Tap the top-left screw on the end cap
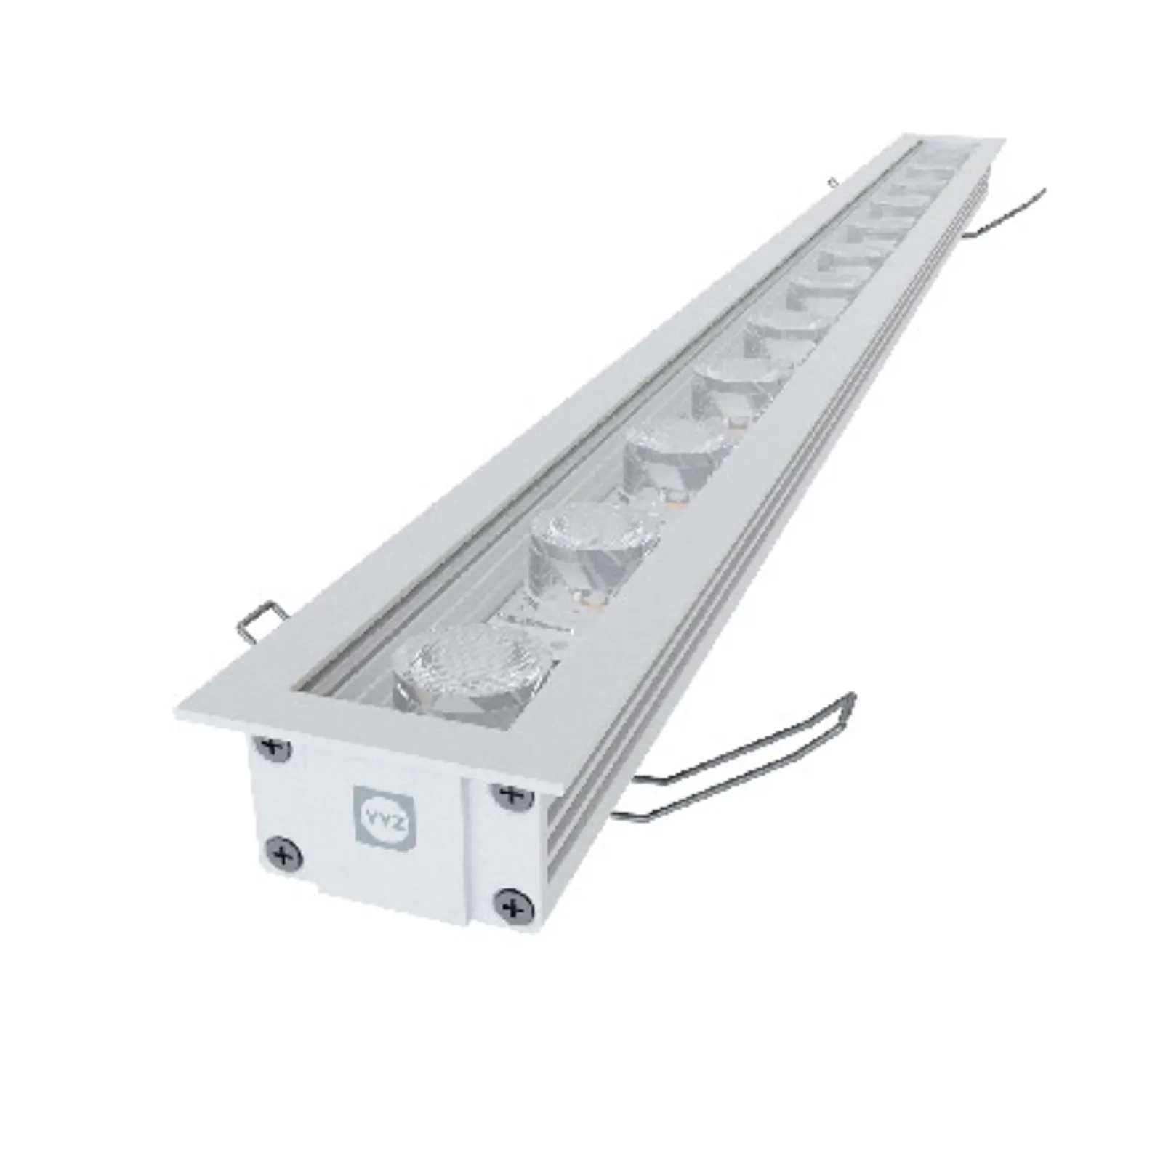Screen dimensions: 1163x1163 pos(275,747)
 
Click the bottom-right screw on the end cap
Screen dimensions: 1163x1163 pos(515,906)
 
